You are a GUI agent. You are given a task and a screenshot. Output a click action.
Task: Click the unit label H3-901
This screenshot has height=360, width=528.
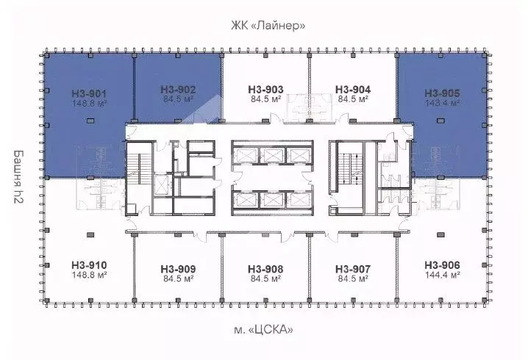coord(90,93)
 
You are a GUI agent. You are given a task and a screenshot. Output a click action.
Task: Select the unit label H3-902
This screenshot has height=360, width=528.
coord(177,90)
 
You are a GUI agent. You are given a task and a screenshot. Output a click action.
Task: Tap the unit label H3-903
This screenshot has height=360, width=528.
coord(266,90)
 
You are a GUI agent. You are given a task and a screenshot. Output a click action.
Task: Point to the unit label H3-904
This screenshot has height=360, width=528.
coord(353,90)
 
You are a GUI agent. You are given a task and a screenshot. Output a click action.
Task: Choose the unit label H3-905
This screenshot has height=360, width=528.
coord(442,93)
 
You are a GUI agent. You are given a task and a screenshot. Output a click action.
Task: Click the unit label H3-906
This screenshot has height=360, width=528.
coord(442,264)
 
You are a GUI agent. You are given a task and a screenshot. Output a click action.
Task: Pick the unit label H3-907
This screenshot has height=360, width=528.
coord(353,269)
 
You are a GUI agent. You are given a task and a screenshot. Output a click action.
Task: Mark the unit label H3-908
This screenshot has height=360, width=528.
coord(266,269)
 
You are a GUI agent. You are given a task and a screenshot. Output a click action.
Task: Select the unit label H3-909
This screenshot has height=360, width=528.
coord(177,269)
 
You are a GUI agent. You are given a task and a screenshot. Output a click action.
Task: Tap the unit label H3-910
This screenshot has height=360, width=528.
coord(90,264)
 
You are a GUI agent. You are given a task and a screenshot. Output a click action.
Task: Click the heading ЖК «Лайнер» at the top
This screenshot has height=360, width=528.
coord(266,26)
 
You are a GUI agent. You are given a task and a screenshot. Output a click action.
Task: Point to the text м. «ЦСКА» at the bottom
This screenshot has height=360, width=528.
coord(266,331)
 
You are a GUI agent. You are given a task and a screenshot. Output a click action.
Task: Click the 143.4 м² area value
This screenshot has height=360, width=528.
coord(442,104)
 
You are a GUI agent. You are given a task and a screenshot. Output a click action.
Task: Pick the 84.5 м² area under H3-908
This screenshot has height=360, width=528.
coord(266,279)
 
